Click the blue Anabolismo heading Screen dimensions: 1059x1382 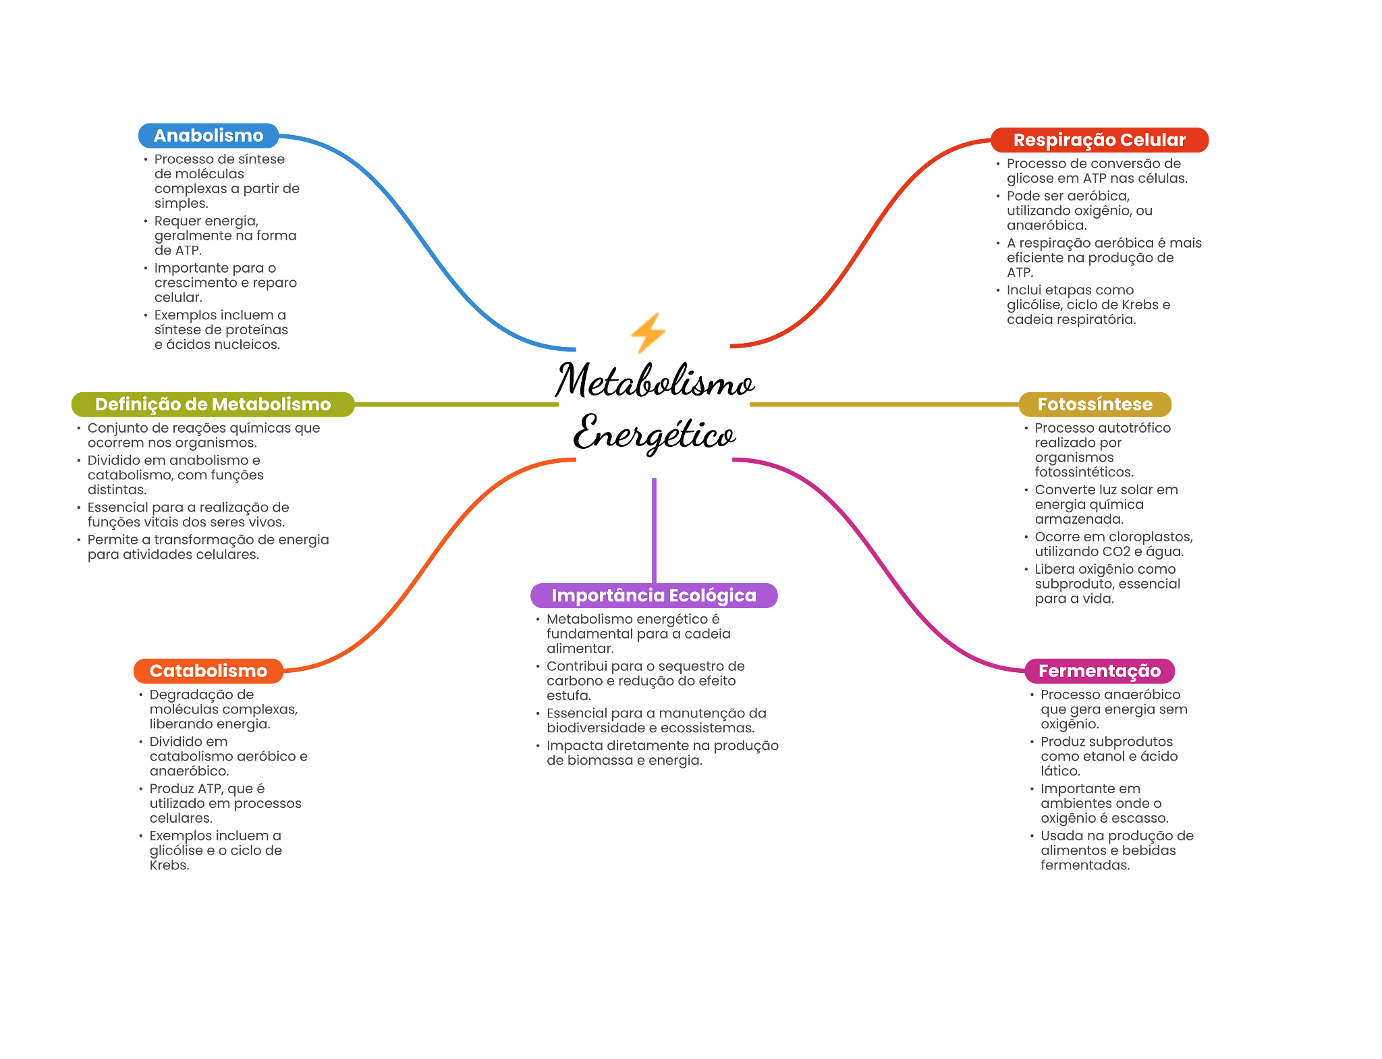209,136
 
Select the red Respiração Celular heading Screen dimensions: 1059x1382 1099,140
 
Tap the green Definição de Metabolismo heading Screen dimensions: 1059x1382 213,404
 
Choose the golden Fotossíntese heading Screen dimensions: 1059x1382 1095,404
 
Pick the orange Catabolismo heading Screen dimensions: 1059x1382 209,671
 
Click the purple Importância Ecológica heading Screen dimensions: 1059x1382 654,595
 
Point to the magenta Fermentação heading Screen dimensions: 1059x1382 1099,671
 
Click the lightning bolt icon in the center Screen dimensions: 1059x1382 648,333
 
